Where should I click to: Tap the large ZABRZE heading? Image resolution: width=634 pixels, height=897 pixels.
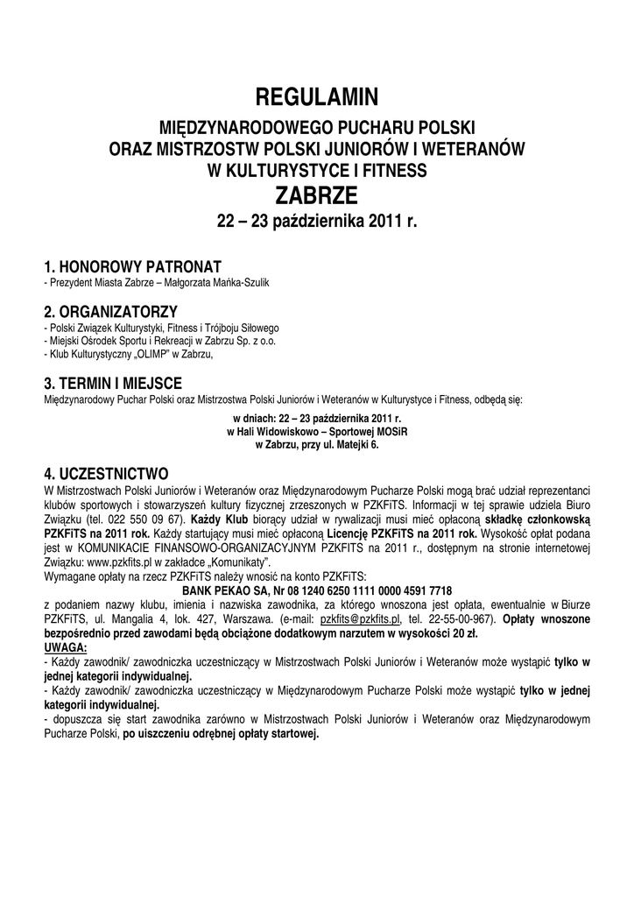pos(317,193)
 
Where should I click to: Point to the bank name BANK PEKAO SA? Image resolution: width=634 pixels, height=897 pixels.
pos(225,590)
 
